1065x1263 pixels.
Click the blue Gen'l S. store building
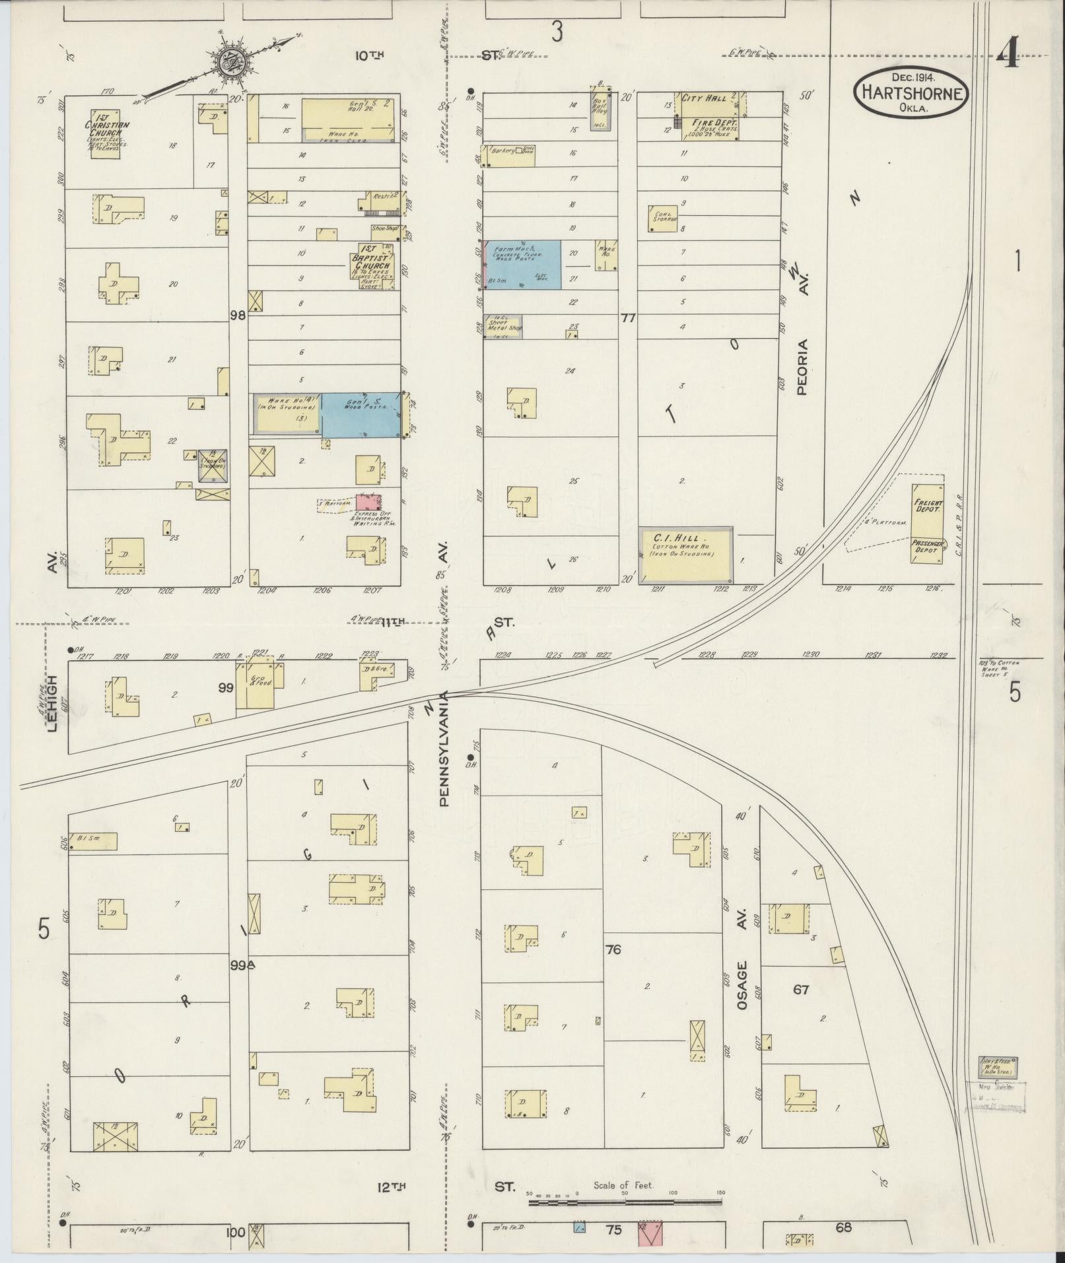tap(361, 414)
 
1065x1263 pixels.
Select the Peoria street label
tap(802, 366)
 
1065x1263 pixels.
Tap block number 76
tap(613, 950)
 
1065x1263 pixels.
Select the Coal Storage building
tap(662, 218)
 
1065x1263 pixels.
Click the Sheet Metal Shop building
tap(504, 327)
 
